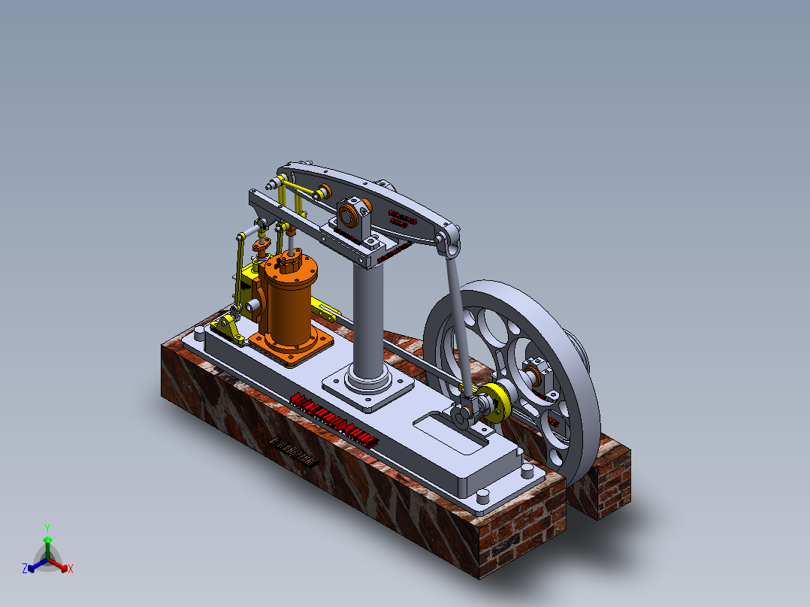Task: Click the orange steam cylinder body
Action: click(289, 308)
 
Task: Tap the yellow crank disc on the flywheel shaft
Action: click(497, 403)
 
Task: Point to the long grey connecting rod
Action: click(459, 323)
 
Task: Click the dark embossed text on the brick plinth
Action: click(294, 452)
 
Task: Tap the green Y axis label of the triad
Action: click(47, 527)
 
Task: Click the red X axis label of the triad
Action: click(70, 569)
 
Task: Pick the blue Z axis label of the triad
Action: click(25, 569)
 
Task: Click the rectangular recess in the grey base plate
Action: click(449, 435)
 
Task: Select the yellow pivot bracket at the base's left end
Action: click(226, 327)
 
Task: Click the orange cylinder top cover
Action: click(289, 265)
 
